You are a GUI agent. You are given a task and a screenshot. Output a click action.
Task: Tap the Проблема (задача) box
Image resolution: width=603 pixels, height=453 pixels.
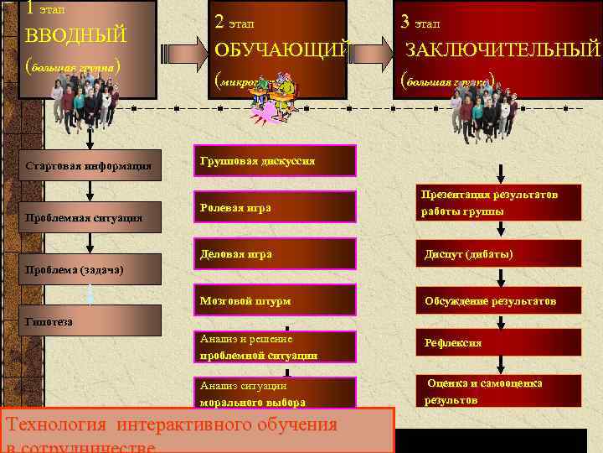(80, 270)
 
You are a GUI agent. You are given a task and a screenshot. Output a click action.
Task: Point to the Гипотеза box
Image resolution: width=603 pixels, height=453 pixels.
(80, 321)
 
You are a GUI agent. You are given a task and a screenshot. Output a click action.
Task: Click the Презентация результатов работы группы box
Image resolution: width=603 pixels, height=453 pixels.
(499, 202)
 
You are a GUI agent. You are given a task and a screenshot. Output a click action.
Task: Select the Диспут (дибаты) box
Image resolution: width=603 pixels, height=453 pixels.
(499, 253)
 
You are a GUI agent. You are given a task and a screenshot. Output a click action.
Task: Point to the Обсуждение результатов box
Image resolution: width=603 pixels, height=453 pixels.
(499, 300)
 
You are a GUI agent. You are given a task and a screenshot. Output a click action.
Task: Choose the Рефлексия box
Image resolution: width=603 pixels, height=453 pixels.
(499, 342)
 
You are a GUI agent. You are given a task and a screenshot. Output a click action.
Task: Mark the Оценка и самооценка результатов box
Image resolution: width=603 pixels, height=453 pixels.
(499, 391)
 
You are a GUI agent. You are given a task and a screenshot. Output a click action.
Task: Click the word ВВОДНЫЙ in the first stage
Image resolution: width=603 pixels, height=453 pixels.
(76, 36)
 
